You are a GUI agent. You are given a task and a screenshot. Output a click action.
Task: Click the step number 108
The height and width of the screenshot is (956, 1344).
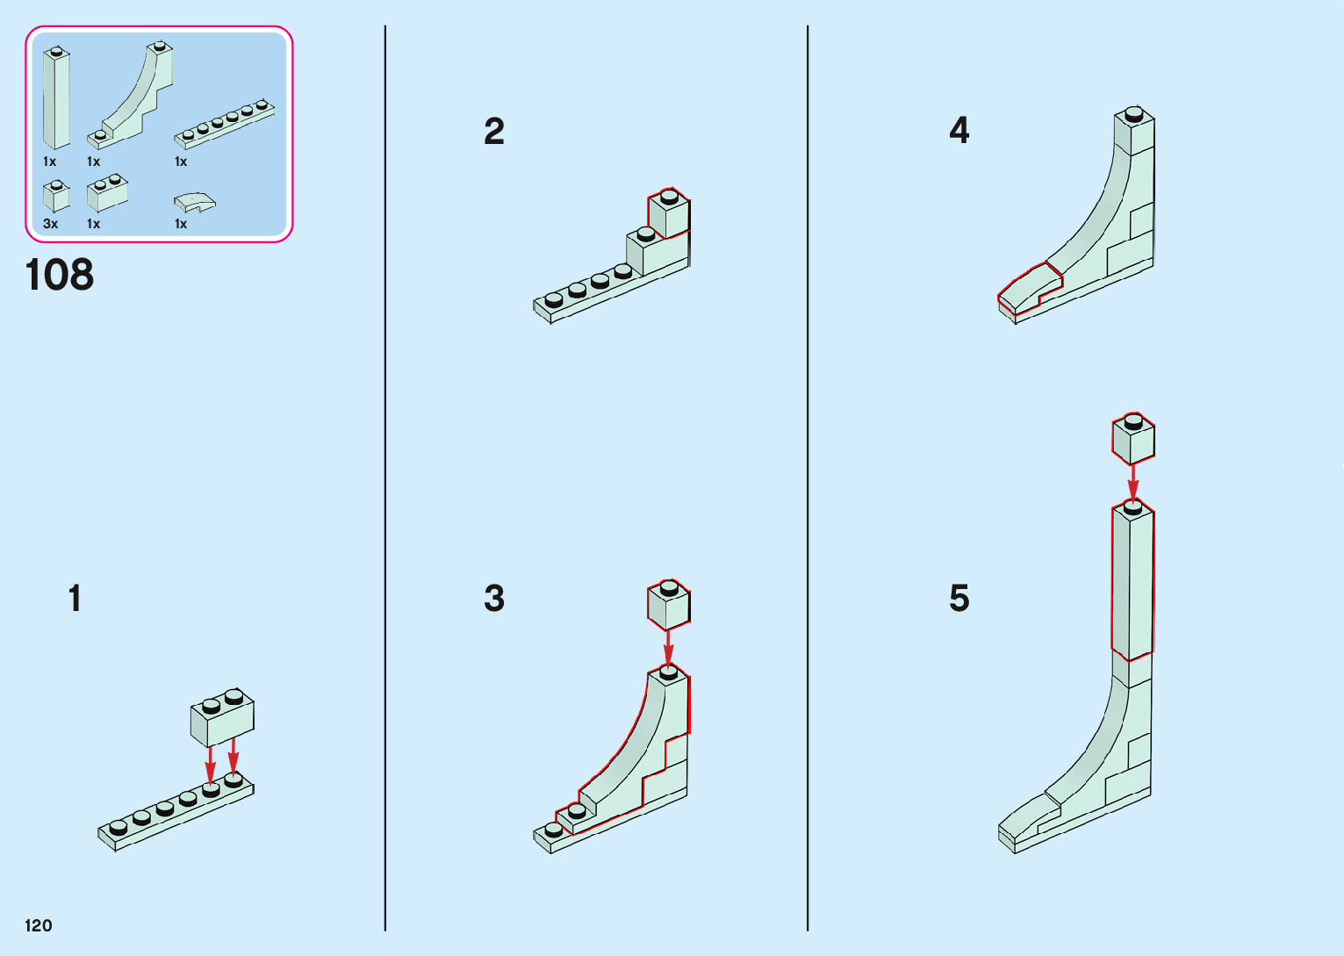(60, 275)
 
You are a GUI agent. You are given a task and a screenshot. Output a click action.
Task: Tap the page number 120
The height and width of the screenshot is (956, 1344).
(39, 925)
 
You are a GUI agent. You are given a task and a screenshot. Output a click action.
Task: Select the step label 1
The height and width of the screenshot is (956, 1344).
(75, 599)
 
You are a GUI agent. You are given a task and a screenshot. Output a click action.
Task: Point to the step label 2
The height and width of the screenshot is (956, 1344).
(494, 132)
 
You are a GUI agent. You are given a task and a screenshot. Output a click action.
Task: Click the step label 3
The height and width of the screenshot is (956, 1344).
(494, 599)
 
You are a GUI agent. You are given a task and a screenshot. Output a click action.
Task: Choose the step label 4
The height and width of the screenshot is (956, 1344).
(959, 131)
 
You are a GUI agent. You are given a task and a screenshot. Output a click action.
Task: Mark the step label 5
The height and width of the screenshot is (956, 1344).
(959, 599)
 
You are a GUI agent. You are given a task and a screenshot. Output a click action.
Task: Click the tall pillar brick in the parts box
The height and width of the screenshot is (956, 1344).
(56, 98)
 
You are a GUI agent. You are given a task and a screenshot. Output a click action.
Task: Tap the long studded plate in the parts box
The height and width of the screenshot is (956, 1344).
(225, 123)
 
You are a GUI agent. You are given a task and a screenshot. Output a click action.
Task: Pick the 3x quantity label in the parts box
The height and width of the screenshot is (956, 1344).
(51, 224)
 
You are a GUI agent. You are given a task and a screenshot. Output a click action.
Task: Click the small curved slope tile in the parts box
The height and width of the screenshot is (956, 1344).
(195, 203)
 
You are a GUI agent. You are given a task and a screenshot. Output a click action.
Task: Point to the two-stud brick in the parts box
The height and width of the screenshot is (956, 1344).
(107, 194)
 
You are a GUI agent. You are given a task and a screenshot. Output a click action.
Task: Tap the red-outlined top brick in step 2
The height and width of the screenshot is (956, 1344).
(669, 214)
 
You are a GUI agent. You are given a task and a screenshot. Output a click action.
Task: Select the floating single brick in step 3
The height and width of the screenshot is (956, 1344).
(669, 605)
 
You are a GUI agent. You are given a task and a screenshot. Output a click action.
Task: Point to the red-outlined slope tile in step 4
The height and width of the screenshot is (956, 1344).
(1029, 286)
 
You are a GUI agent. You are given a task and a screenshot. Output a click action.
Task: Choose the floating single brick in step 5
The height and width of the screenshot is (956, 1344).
(1133, 439)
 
